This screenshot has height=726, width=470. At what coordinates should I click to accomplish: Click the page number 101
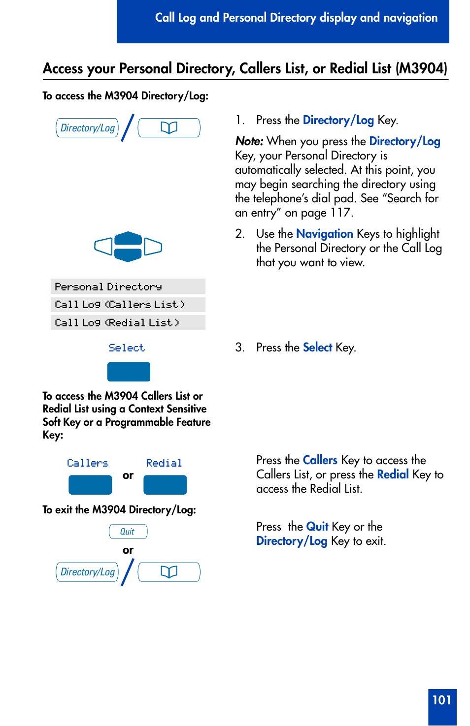point(441,700)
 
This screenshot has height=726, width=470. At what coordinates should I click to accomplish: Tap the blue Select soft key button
point(129,372)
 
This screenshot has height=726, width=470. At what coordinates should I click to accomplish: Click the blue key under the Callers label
point(90,485)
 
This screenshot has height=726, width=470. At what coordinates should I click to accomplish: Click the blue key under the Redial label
point(165,485)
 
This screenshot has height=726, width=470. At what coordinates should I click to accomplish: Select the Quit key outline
point(128,532)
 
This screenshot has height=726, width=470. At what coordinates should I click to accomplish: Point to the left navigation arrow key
point(103,246)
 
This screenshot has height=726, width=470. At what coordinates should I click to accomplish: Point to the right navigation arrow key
point(153,247)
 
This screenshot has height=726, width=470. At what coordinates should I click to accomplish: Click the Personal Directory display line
point(128,286)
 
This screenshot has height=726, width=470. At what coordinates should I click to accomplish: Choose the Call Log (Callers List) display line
point(128,305)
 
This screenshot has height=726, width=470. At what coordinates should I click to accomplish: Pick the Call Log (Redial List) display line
point(128,323)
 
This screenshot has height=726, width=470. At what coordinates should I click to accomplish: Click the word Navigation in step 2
point(324,234)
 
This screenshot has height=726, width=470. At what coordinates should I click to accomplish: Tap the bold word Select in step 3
point(317,347)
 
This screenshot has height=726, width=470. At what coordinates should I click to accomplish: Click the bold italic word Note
point(249,141)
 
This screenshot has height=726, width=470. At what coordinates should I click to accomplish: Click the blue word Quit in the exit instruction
point(317,527)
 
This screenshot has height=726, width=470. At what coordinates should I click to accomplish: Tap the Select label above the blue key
point(127,348)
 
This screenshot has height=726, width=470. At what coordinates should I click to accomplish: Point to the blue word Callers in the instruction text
point(320,460)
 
